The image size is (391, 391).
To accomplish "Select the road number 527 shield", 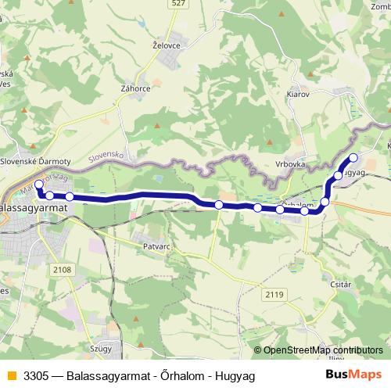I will click(178, 4).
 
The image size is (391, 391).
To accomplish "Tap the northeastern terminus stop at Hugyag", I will click(353, 158).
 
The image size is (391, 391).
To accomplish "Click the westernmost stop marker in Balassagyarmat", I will click(38, 185).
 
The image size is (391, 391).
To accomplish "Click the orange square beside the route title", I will click(10, 376).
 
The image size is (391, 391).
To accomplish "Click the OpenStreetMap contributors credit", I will click(322, 351).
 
